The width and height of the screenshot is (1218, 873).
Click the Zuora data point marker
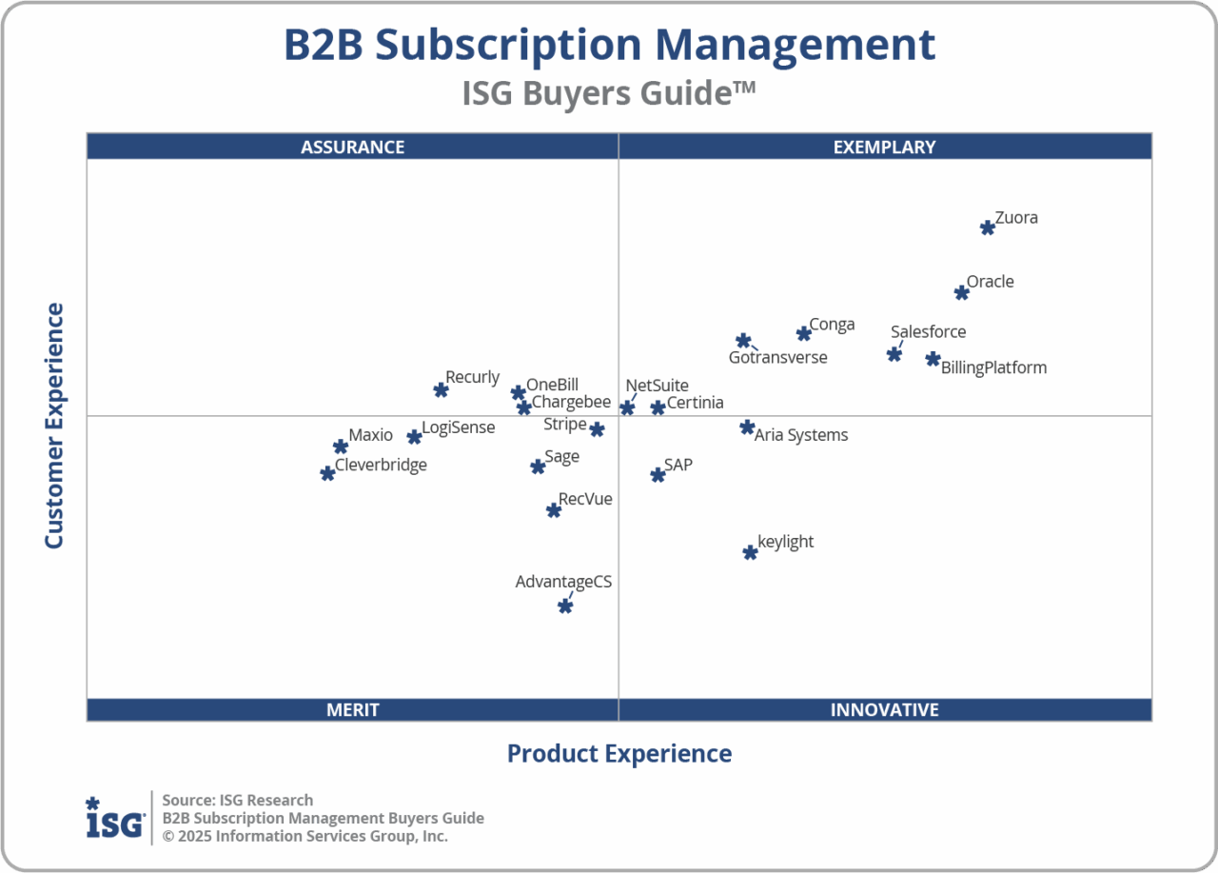988,228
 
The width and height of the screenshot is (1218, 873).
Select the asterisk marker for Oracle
962,292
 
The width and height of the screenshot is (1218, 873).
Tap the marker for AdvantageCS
565,605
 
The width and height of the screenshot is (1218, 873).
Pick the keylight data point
750,552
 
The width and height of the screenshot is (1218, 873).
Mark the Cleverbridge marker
327,473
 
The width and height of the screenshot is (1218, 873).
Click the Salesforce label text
928,332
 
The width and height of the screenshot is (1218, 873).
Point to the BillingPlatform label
993,367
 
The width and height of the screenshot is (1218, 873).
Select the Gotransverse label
777,358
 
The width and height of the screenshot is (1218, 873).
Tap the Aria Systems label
800,435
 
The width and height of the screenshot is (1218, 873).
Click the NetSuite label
657,386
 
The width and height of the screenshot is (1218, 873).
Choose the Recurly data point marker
441,390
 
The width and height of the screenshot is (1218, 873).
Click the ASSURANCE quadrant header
352,147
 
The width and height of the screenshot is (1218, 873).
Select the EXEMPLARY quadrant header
884,147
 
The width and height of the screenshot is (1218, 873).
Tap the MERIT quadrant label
352,710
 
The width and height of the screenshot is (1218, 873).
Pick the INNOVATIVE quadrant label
884,710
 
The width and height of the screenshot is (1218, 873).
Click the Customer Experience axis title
54,426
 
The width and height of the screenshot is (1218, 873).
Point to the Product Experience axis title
619,754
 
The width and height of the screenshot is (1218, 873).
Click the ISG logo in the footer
115,818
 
